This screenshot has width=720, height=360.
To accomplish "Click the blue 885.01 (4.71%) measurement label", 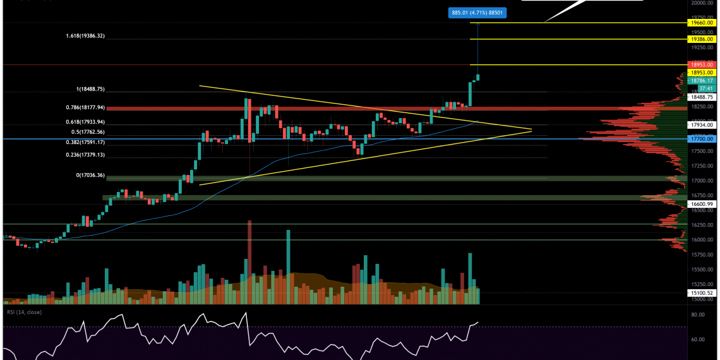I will pyautogui.click(x=477, y=11).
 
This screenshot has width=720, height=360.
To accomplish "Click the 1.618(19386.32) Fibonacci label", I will pyautogui.click(x=93, y=37).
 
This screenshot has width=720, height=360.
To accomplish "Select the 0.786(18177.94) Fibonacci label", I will pyautogui.click(x=93, y=108).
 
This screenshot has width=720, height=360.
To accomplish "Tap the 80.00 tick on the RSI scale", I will pyautogui.click(x=697, y=314).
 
